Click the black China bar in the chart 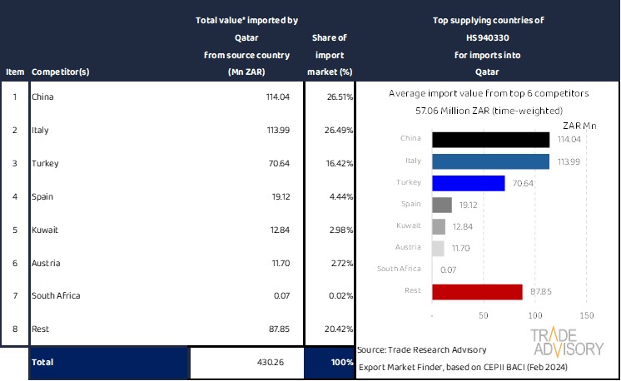[x=491, y=140]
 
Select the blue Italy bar [x=491, y=161]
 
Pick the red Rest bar [x=477, y=291]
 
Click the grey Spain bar [x=442, y=205]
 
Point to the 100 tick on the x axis [x=534, y=316]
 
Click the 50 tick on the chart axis [x=484, y=316]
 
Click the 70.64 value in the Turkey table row [x=281, y=164]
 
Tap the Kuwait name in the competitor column [x=44, y=230]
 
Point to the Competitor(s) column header [x=60, y=72]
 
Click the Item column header [x=14, y=72]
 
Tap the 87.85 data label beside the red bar [x=541, y=291]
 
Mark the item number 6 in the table [x=14, y=263]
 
